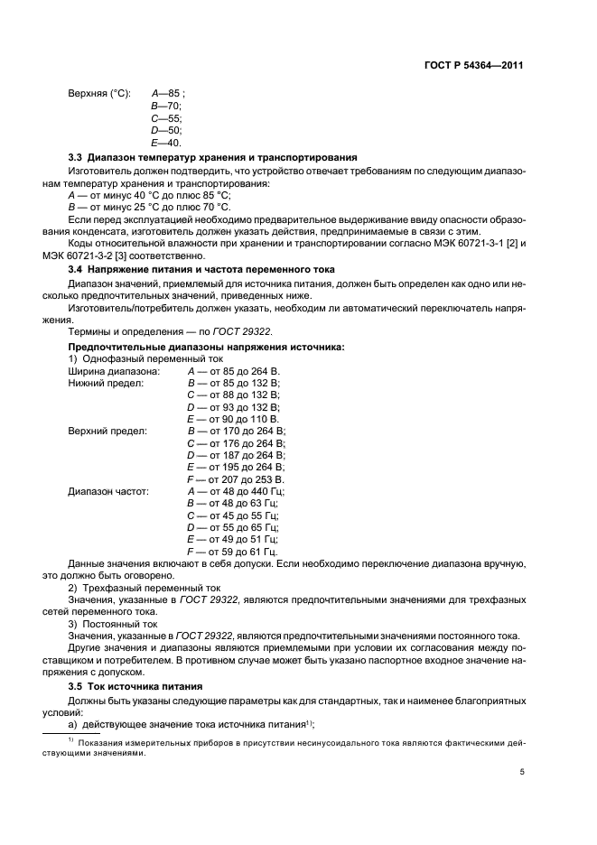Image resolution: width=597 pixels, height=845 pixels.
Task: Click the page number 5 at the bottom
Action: tap(522, 772)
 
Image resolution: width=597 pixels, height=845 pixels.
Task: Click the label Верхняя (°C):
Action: tap(99, 93)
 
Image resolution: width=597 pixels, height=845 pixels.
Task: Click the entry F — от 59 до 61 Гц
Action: tap(231, 551)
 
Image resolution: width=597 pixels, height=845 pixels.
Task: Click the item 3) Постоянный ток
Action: tap(113, 624)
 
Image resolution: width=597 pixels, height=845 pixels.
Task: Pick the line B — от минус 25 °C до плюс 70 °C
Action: tap(149, 206)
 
